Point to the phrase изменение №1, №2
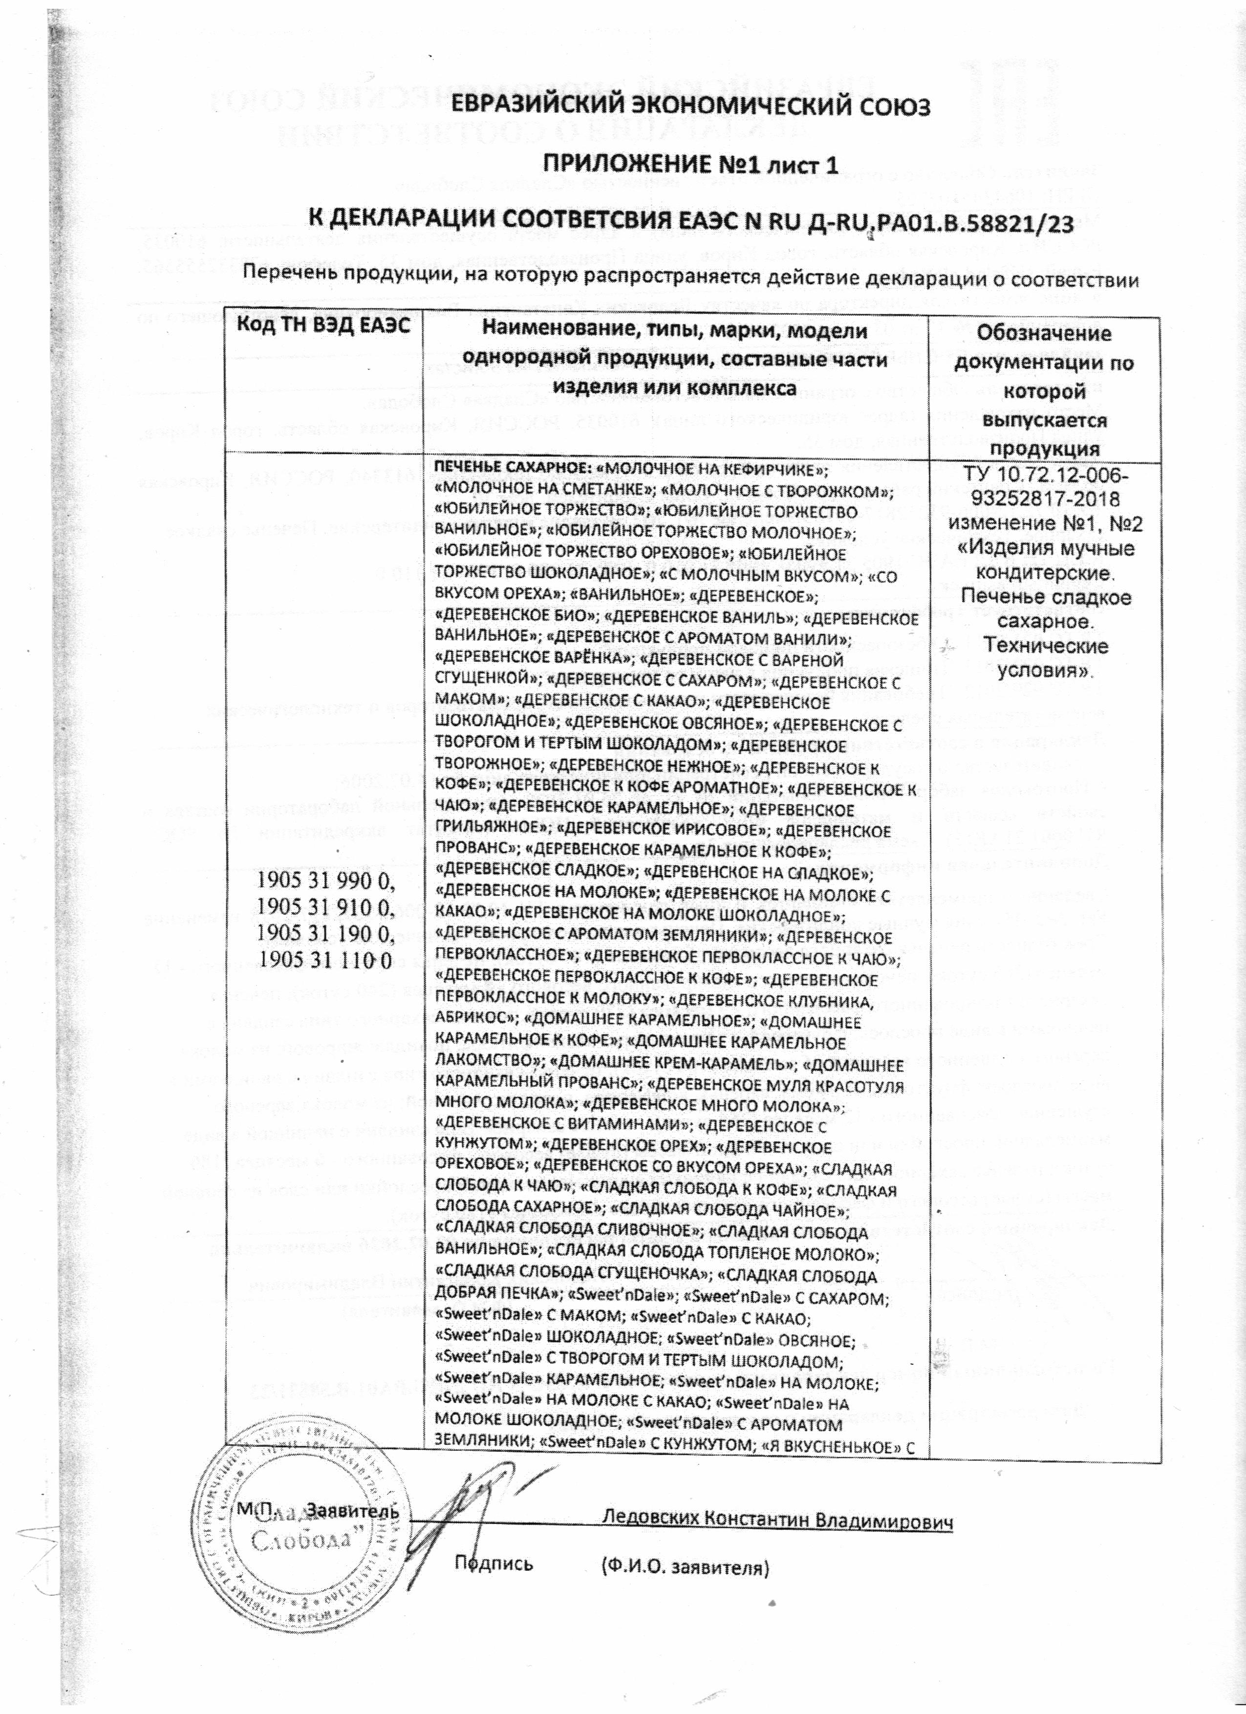[x=1044, y=524]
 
